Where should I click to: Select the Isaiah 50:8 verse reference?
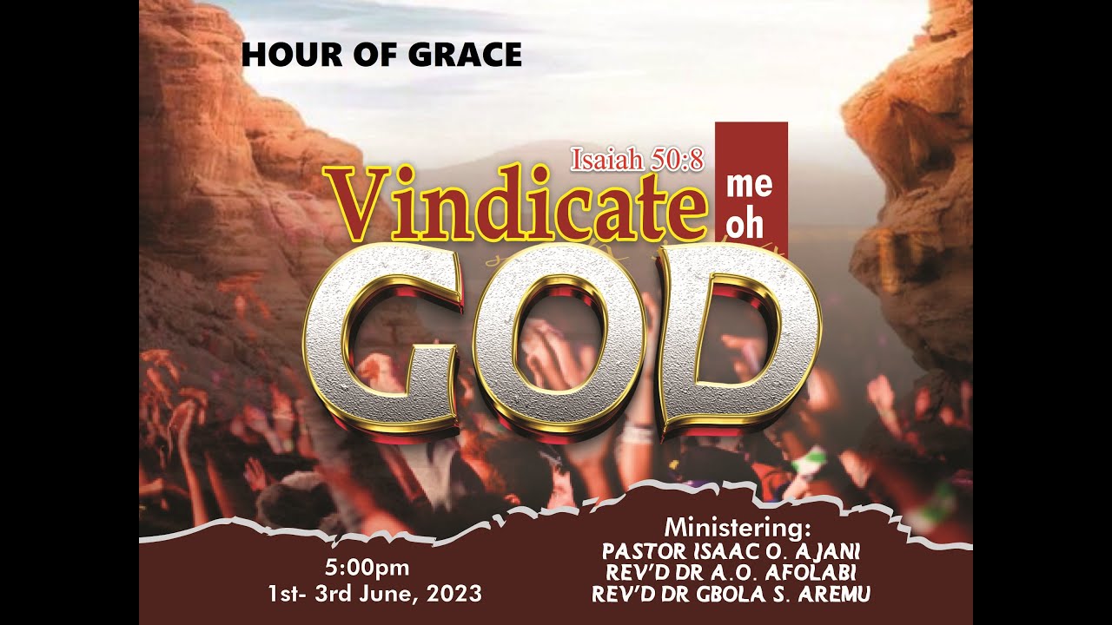click(x=637, y=159)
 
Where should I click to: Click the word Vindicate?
click(x=513, y=204)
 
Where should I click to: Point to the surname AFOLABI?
click(x=821, y=573)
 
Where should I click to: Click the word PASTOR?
click(x=641, y=551)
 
